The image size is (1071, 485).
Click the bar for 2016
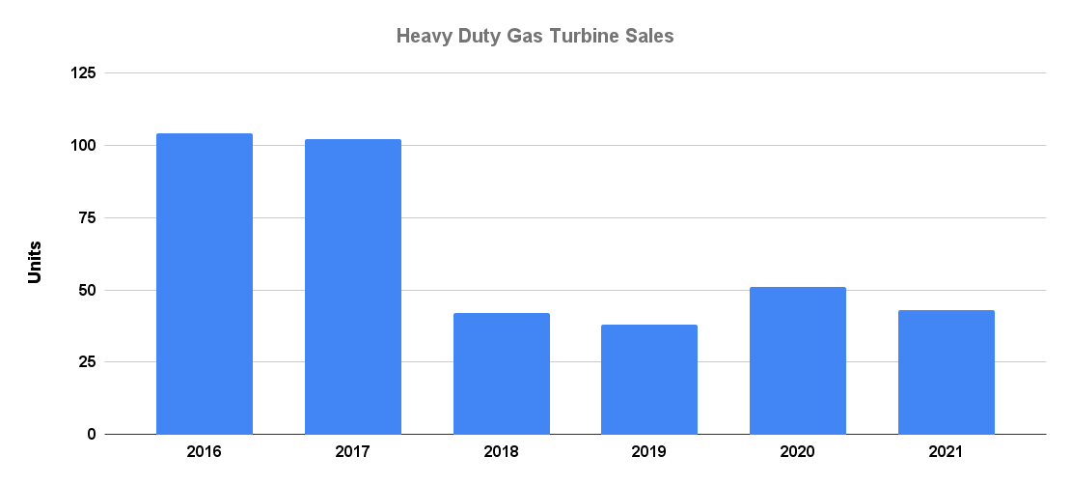(x=205, y=284)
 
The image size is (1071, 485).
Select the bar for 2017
(x=353, y=287)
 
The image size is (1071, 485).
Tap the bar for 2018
(x=502, y=374)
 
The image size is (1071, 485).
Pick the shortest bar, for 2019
(x=649, y=380)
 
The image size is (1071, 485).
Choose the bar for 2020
(x=798, y=360)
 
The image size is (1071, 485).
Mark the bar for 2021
(x=947, y=372)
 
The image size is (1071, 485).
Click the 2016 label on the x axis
(x=205, y=451)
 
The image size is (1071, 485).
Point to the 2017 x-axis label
(x=353, y=451)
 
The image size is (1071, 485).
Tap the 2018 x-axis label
(x=502, y=451)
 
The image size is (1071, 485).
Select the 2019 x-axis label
(x=649, y=451)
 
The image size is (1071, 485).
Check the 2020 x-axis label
(x=798, y=451)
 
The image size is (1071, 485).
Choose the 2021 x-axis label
(x=947, y=451)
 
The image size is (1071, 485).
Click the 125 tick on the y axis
(x=84, y=73)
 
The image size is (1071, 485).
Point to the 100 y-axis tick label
(x=84, y=146)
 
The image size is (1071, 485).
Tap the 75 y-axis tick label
(x=88, y=218)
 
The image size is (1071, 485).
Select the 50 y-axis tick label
(x=88, y=290)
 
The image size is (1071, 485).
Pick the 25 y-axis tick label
(x=88, y=362)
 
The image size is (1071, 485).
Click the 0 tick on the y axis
(x=92, y=435)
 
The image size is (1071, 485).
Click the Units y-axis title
(x=35, y=262)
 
